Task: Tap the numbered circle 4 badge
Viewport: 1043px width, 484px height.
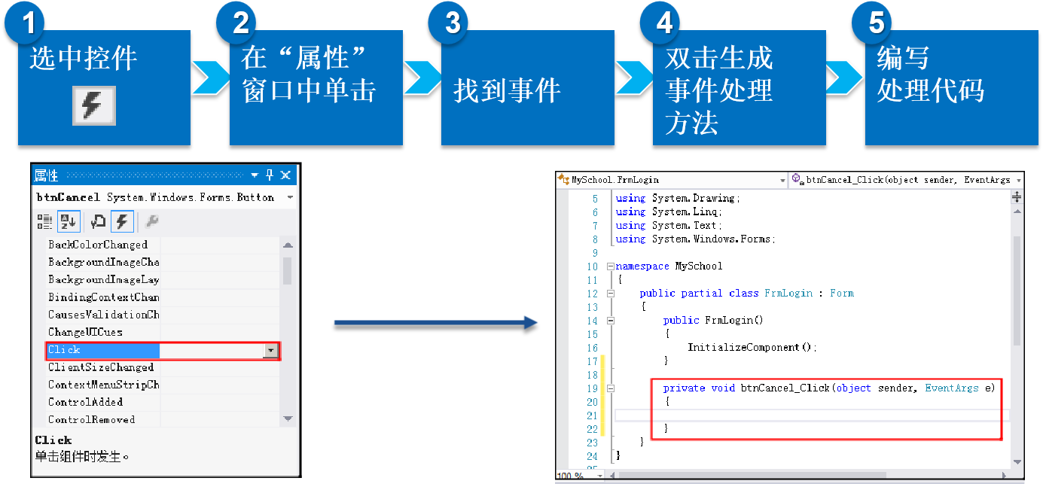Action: click(664, 23)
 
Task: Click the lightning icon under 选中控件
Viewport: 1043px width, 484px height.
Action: click(94, 105)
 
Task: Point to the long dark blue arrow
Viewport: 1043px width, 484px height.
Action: click(435, 324)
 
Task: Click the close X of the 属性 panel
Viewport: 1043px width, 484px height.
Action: click(285, 175)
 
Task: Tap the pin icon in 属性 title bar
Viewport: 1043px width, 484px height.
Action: click(270, 175)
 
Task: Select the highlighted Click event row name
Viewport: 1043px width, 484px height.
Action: click(65, 350)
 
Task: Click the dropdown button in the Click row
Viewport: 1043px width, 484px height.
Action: click(270, 351)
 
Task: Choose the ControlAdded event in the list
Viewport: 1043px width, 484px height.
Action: click(85, 402)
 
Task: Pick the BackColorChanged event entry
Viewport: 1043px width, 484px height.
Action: click(98, 245)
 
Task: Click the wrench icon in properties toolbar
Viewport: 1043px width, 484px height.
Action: click(151, 221)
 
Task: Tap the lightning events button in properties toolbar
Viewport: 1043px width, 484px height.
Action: click(122, 221)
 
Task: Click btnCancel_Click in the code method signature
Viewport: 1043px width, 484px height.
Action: click(785, 388)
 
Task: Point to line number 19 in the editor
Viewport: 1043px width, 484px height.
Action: click(592, 388)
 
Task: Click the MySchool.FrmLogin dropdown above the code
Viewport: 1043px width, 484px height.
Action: click(670, 181)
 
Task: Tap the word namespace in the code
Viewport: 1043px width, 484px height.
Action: click(642, 266)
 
